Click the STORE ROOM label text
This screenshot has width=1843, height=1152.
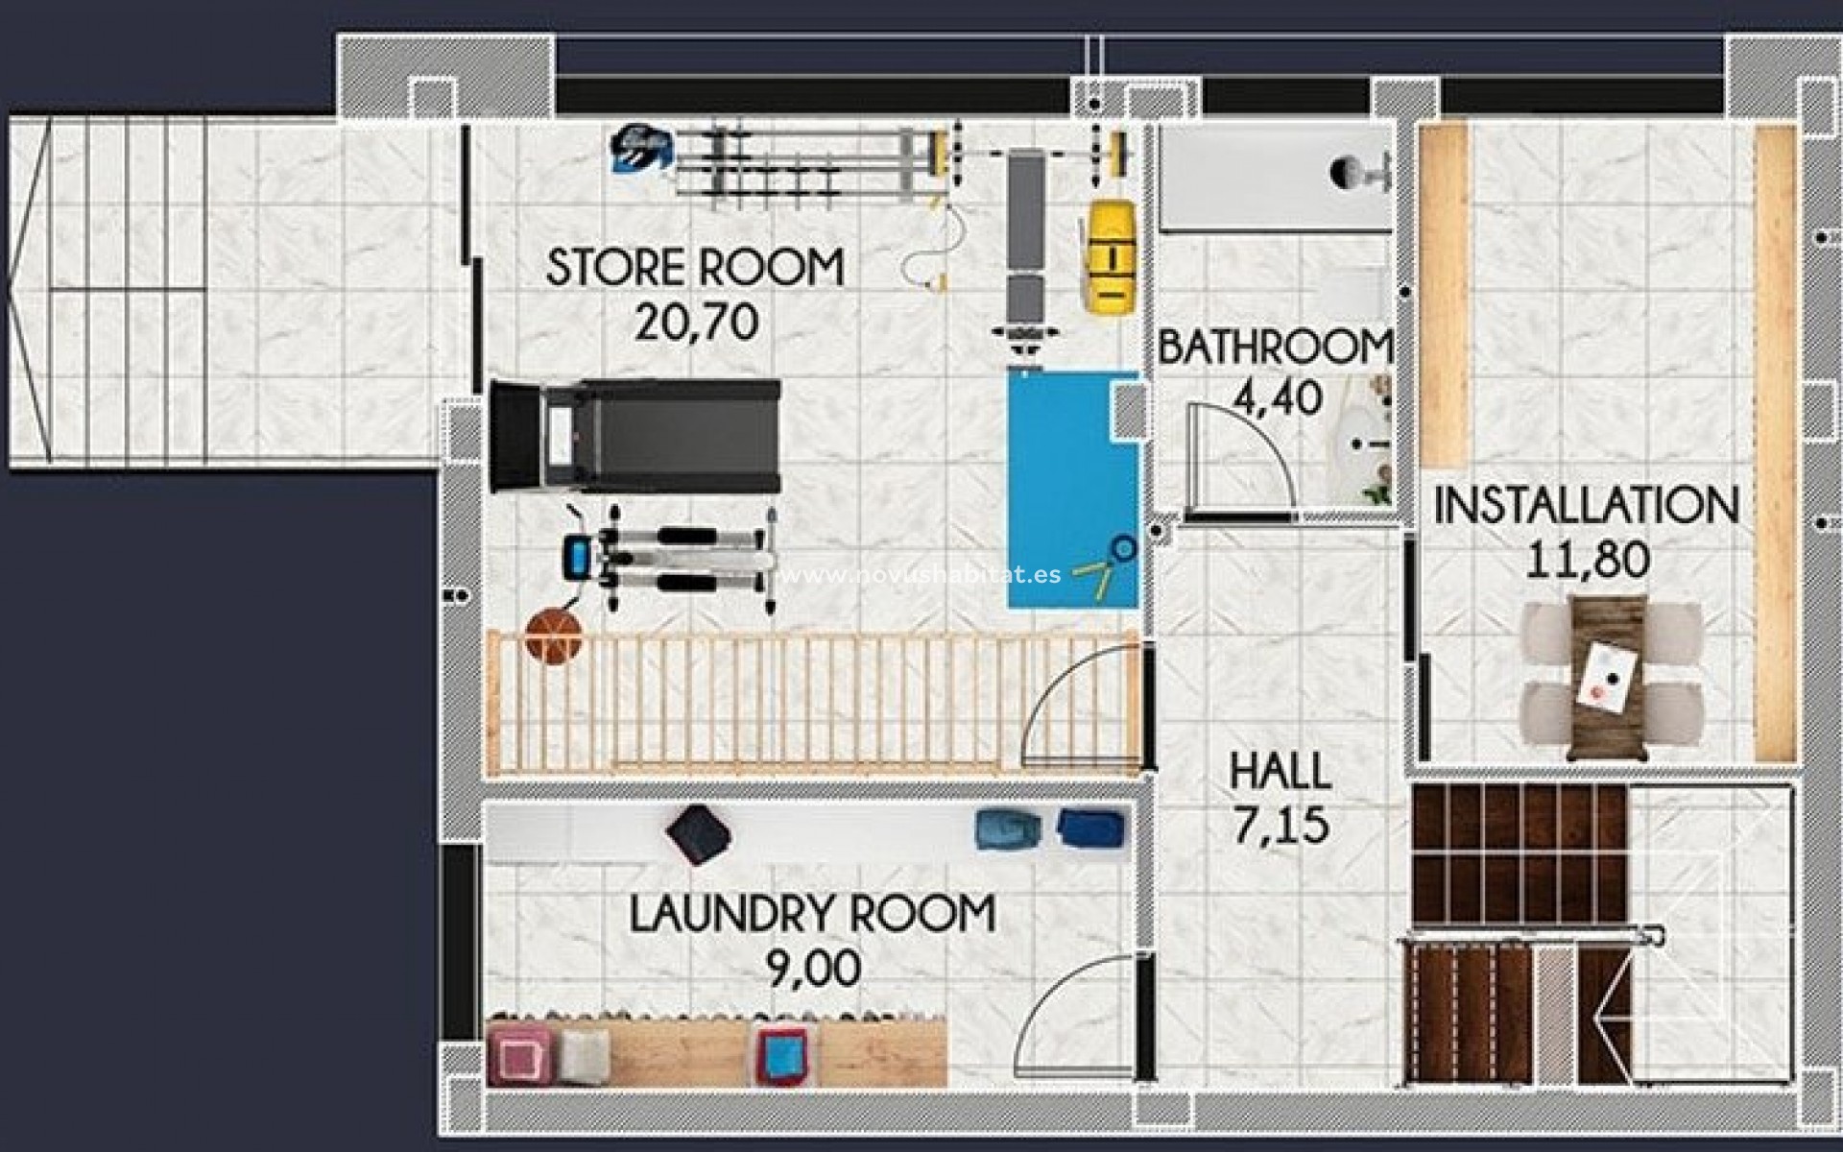click(x=695, y=267)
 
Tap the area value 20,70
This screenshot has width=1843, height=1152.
click(x=697, y=323)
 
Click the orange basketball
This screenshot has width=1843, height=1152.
click(x=554, y=634)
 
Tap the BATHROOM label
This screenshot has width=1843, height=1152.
click(x=1275, y=348)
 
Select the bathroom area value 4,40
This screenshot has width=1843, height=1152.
click(x=1278, y=397)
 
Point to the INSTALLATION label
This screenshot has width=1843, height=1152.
click(x=1586, y=506)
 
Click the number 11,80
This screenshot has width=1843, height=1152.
click(x=1588, y=560)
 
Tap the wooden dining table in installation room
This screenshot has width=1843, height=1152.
click(x=1609, y=677)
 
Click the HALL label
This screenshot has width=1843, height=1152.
click(x=1281, y=772)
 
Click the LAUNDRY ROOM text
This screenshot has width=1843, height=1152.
click(x=812, y=914)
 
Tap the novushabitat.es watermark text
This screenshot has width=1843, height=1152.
click(x=921, y=574)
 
